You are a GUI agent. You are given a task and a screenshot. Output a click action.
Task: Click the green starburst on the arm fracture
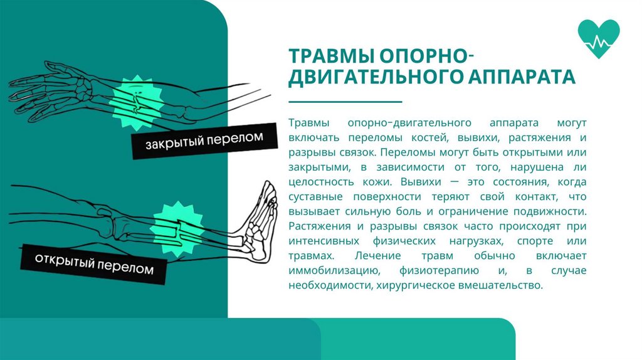[x=135, y=100]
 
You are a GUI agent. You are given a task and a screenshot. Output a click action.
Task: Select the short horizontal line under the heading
[x=344, y=102]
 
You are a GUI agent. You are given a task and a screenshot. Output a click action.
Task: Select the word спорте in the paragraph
[x=535, y=241]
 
